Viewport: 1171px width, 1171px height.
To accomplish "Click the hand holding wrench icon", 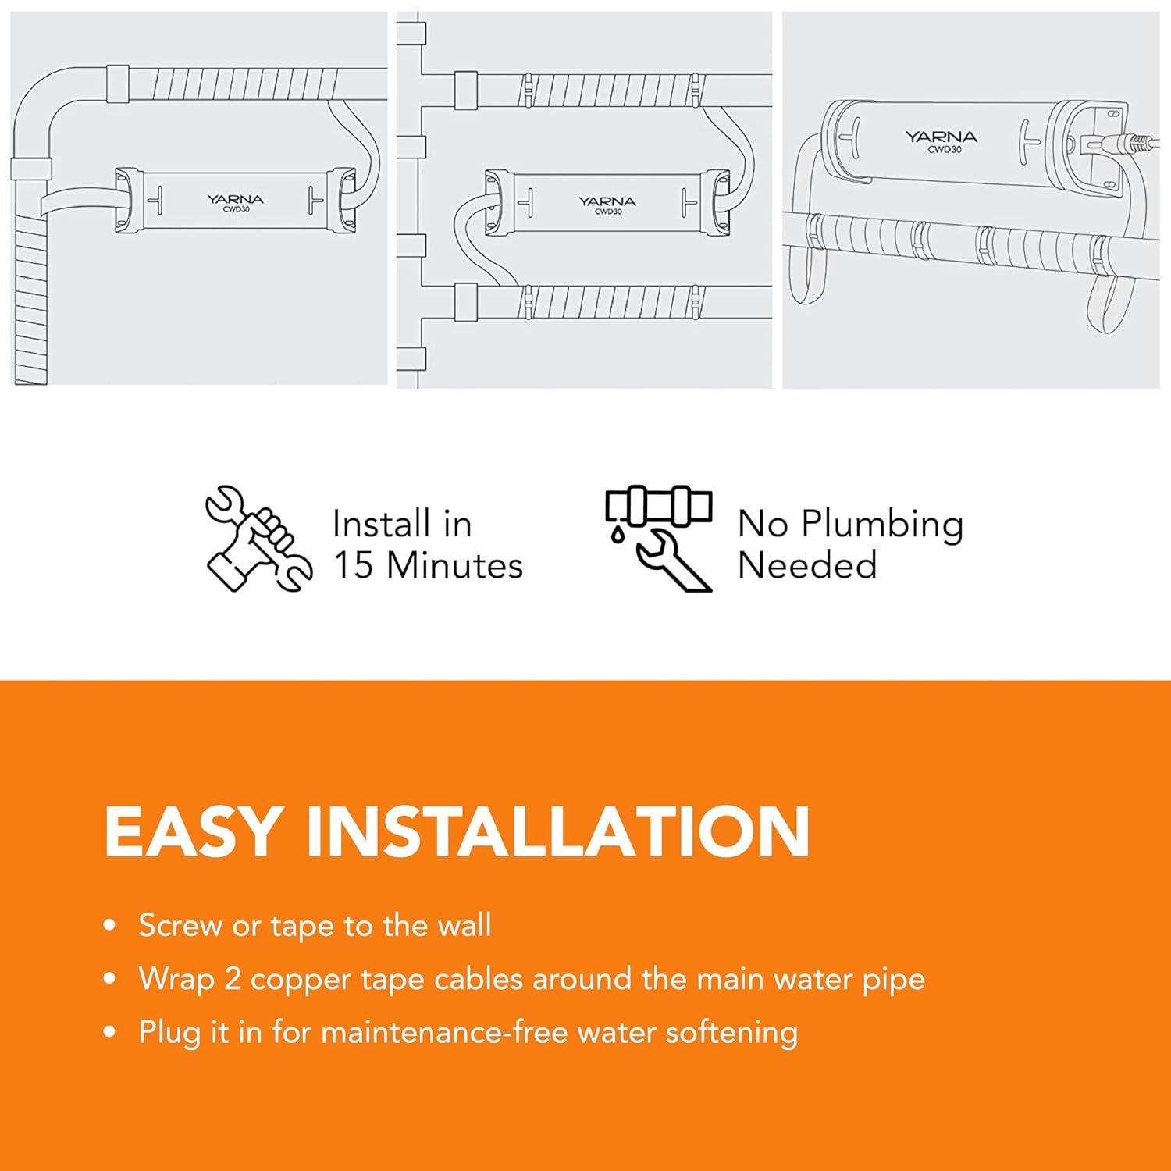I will click(x=258, y=539).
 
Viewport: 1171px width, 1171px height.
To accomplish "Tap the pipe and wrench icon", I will click(x=658, y=539).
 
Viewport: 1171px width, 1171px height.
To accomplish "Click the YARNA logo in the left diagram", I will click(x=235, y=200).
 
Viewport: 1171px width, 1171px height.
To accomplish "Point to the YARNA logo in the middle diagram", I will click(x=607, y=201).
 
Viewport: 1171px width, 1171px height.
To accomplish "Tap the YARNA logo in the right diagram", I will click(x=941, y=137).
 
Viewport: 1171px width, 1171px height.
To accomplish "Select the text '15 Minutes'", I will click(x=428, y=565).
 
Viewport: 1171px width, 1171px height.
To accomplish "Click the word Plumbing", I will click(x=882, y=525).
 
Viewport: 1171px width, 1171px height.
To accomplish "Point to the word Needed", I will click(x=807, y=565).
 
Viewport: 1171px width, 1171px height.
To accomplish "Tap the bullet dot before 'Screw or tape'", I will click(x=110, y=927).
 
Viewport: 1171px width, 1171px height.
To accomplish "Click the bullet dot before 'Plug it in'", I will click(x=110, y=1033).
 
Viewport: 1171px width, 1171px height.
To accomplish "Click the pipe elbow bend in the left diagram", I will click(x=43, y=101).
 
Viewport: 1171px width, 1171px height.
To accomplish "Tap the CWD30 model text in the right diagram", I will click(x=944, y=150).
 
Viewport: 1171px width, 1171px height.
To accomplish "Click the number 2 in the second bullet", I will click(x=232, y=979).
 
